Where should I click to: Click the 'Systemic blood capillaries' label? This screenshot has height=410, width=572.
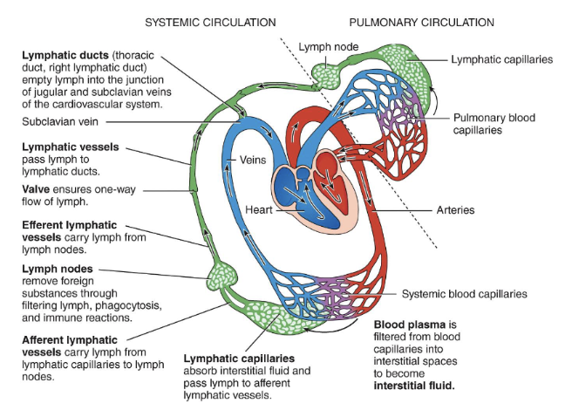click(464, 294)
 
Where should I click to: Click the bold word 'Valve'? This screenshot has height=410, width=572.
click(37, 188)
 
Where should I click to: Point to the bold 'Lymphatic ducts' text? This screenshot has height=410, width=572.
click(65, 55)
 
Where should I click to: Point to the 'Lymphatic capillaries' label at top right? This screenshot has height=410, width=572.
click(503, 59)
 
